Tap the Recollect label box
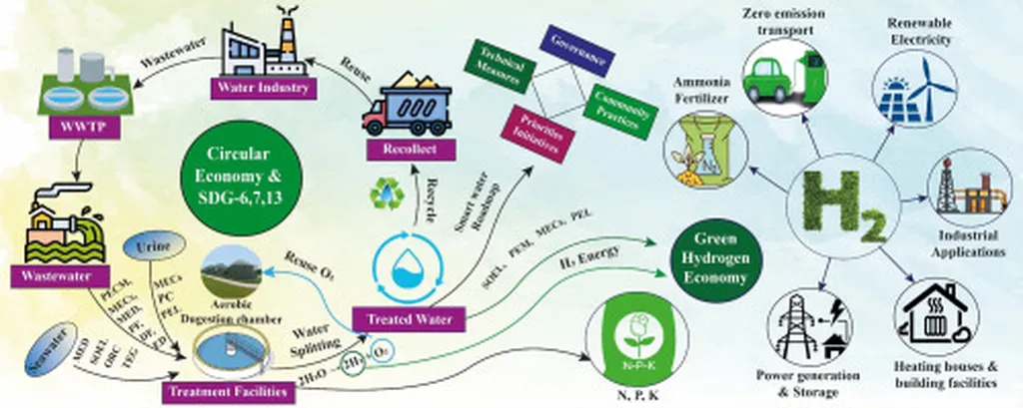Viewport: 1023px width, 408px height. (410, 149)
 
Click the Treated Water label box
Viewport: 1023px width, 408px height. (410, 320)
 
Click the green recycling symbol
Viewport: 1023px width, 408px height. (385, 193)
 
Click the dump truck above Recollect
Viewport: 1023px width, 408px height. (410, 106)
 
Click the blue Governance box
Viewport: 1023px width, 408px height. (575, 52)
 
